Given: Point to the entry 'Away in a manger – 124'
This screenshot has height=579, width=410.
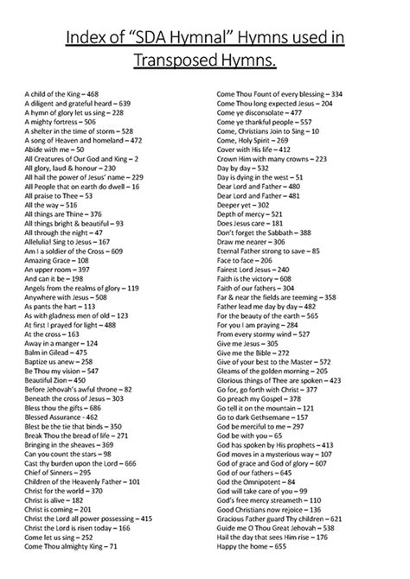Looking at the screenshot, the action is point(61,342).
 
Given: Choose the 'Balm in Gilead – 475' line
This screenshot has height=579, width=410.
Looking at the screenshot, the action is point(56,353).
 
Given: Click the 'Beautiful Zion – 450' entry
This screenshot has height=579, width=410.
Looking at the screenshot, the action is point(54,379).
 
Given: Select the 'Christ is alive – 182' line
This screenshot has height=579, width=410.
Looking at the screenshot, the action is point(54,499).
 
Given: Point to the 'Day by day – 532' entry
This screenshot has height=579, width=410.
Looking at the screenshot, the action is point(244,168).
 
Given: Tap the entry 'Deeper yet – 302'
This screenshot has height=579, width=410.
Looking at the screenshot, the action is point(244,205).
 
